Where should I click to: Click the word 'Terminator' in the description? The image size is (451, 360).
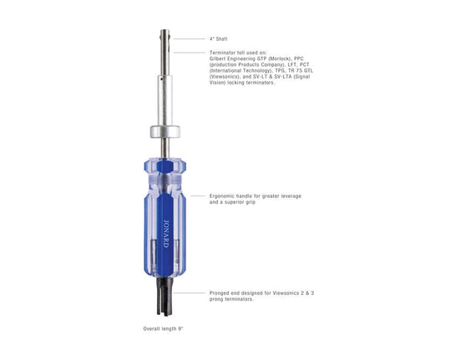223,53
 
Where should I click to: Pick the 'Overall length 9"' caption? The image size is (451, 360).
163,329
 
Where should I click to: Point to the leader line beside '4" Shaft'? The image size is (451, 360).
188,38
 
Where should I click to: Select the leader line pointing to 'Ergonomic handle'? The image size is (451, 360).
198,196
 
